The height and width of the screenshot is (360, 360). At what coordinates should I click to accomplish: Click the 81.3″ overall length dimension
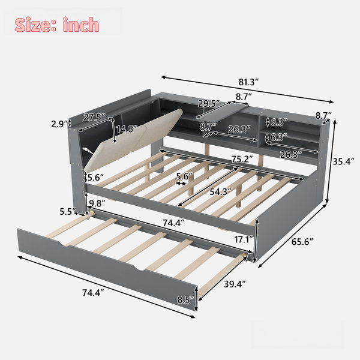pyautogui.click(x=248, y=82)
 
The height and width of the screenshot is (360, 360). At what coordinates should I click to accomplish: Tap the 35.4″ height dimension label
pyautogui.click(x=343, y=161)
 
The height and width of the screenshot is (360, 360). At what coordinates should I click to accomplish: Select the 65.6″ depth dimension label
pyautogui.click(x=302, y=242)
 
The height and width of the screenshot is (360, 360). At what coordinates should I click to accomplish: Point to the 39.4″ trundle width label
pyautogui.click(x=235, y=284)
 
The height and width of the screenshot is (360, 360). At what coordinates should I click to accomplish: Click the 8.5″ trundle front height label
pyautogui.click(x=185, y=299)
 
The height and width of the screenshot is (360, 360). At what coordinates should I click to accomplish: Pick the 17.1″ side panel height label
pyautogui.click(x=244, y=239)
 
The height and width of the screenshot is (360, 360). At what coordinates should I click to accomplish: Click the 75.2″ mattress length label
pyautogui.click(x=242, y=159)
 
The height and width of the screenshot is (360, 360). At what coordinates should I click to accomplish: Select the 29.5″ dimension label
pyautogui.click(x=209, y=104)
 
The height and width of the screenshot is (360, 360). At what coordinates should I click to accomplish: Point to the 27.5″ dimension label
pyautogui.click(x=94, y=117)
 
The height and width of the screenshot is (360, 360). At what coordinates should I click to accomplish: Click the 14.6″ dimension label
pyautogui.click(x=127, y=129)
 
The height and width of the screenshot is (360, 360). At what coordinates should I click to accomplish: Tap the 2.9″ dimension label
pyautogui.click(x=59, y=124)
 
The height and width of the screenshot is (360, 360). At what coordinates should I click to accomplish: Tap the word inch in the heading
pyautogui.click(x=81, y=25)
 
